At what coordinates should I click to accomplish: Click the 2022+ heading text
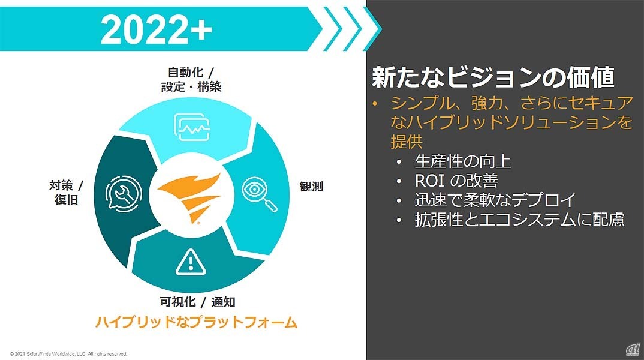[156, 29]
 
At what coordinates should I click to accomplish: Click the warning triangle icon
[189, 262]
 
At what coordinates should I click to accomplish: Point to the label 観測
[311, 187]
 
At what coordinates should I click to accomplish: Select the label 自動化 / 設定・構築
[191, 79]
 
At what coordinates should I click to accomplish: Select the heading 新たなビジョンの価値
[493, 78]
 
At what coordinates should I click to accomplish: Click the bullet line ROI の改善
[456, 181]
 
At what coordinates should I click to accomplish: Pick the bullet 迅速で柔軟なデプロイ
[495, 200]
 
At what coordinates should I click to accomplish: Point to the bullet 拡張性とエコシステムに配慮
[519, 219]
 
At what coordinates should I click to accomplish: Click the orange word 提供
[407, 142]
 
